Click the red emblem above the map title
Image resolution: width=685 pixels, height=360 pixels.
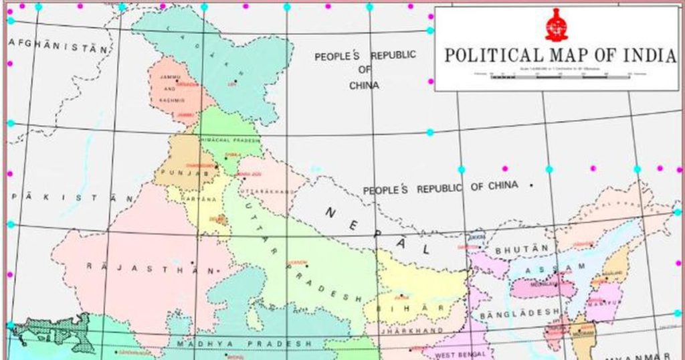point(556,25)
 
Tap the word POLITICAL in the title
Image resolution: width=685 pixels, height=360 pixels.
point(491,56)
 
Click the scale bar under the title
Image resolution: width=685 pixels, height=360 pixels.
point(561,76)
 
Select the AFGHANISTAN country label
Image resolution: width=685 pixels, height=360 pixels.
point(58,45)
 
